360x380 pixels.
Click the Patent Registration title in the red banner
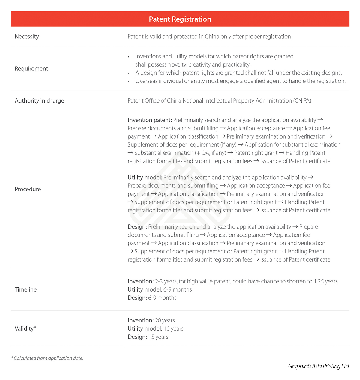pos(180,19)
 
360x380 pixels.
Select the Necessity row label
pos(27,37)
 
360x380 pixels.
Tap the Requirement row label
pos(31,69)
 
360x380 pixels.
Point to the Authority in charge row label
pos(39,101)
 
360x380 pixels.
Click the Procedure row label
pos(28,189)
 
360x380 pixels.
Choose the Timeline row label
pos(25,289)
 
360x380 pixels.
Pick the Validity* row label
pos(25,328)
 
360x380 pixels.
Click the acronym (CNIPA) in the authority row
pos(302,101)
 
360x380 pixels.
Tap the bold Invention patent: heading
pos(150,120)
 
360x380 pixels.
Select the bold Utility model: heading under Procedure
pos(145,178)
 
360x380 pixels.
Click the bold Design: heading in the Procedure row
pos(137,227)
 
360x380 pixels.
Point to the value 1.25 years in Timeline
pos(326,281)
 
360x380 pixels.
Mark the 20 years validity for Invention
pos(165,320)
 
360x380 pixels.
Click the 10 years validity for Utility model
pos(173,329)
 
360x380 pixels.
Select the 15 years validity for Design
pos(158,337)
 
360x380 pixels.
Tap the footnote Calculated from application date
pos(48,358)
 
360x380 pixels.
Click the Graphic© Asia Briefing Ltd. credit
pos(319,366)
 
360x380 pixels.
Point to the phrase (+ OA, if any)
pos(211,153)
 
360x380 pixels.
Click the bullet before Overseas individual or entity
pos(129,81)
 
